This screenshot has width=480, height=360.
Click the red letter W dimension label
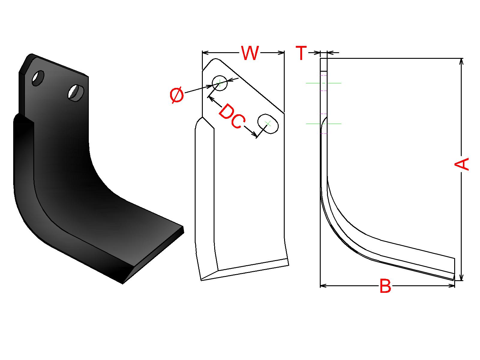tap(250, 53)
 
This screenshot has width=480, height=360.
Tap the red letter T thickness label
tap(301, 53)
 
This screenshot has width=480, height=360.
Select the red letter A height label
tap(461, 164)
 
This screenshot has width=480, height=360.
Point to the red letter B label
tap(385, 286)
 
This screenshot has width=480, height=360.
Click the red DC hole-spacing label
tap(232, 116)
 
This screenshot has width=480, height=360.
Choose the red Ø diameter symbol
tap(177, 95)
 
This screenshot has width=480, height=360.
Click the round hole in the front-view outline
tap(220, 83)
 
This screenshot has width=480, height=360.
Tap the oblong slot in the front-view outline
tap(268, 124)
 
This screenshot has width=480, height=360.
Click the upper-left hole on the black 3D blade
tap(38, 78)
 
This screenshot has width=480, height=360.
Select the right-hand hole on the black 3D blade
tap(76, 93)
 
